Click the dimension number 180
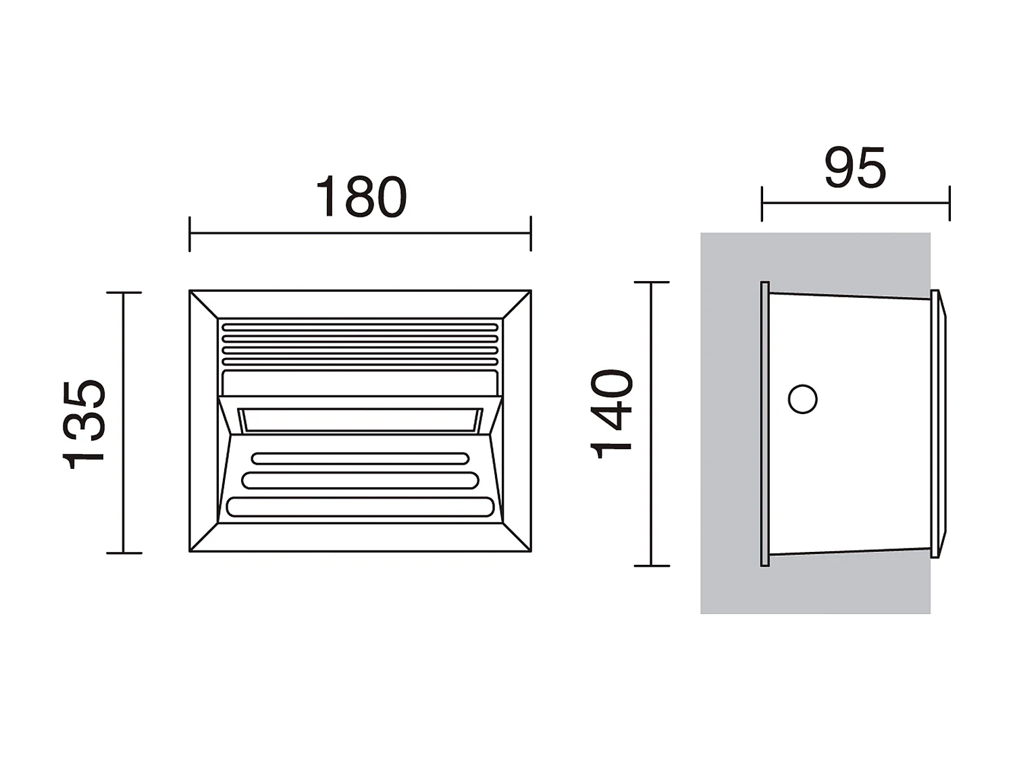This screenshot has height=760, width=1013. (x=361, y=197)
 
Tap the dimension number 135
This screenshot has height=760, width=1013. (x=84, y=424)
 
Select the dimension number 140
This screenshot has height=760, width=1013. (x=613, y=413)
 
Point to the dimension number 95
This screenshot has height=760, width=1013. (x=854, y=168)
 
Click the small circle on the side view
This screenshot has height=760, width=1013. (x=802, y=399)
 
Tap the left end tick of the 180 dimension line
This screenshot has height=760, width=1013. (x=190, y=234)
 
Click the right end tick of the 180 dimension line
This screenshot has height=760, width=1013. (x=531, y=234)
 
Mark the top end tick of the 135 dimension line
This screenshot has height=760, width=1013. (x=124, y=293)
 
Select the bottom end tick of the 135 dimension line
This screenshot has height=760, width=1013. (x=124, y=553)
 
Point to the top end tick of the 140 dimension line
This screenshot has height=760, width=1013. (x=652, y=282)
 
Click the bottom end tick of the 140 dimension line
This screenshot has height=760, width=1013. (x=652, y=565)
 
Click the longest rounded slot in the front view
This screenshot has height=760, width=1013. (x=361, y=507)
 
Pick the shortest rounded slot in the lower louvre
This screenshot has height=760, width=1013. (x=360, y=459)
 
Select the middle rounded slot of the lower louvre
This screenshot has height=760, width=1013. (x=360, y=480)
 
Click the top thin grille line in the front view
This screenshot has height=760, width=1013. (x=360, y=328)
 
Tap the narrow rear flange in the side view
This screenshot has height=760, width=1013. (x=764, y=424)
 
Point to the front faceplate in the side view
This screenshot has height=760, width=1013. (x=935, y=424)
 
